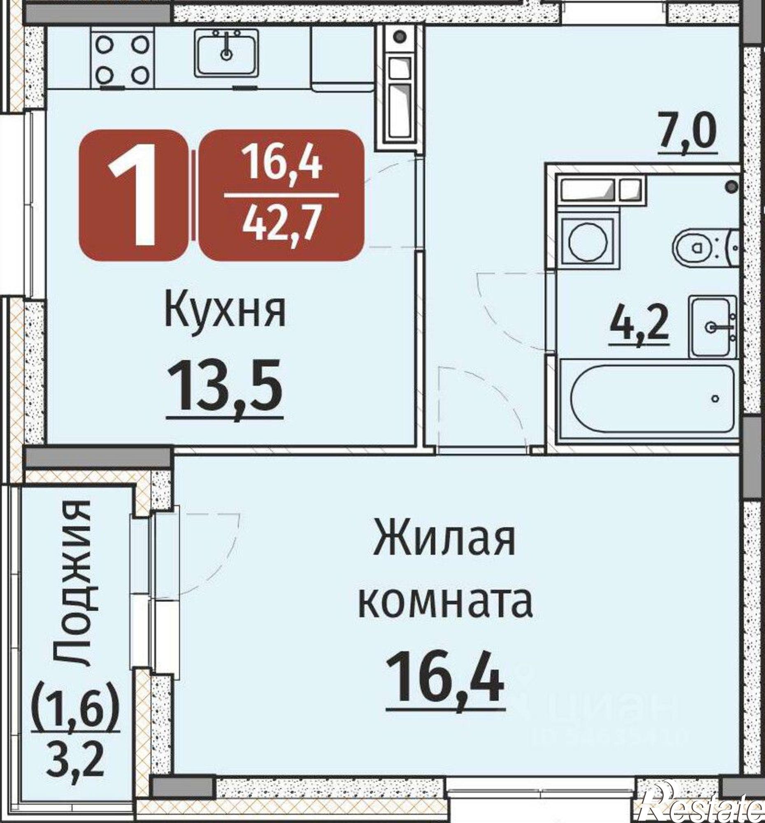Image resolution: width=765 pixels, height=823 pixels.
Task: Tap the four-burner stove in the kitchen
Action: tap(123, 59)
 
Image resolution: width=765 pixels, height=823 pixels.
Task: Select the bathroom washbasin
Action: tap(713, 327)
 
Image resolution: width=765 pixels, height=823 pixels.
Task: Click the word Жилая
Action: tap(444, 541)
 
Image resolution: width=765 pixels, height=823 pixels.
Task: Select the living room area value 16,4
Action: tap(445, 679)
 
